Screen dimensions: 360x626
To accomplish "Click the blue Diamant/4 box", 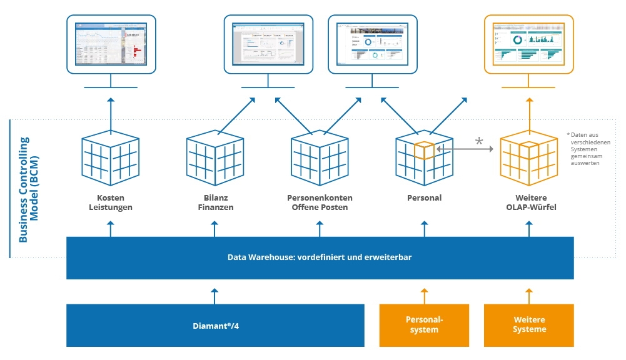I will pos(215,325).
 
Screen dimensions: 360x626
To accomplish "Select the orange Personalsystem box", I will pos(424,325).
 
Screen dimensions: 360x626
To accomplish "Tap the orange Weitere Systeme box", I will pos(529,325).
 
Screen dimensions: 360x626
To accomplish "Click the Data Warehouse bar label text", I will pos(320,257).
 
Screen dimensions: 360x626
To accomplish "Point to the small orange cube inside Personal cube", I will pos(425,150).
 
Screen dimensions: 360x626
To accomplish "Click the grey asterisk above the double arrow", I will pos(479,141).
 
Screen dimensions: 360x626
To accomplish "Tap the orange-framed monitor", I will pos(529,44).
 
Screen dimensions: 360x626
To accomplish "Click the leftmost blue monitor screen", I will pos(111,44).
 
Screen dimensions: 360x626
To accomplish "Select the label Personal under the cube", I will pos(424,198).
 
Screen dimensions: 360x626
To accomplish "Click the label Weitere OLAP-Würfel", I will pos(529,202).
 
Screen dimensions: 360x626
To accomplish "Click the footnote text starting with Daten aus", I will pos(589,149).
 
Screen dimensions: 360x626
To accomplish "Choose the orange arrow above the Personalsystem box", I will pos(424,295).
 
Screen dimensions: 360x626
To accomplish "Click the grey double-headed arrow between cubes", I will pos(465,149).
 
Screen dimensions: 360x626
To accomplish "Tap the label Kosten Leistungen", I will pos(111,202).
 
